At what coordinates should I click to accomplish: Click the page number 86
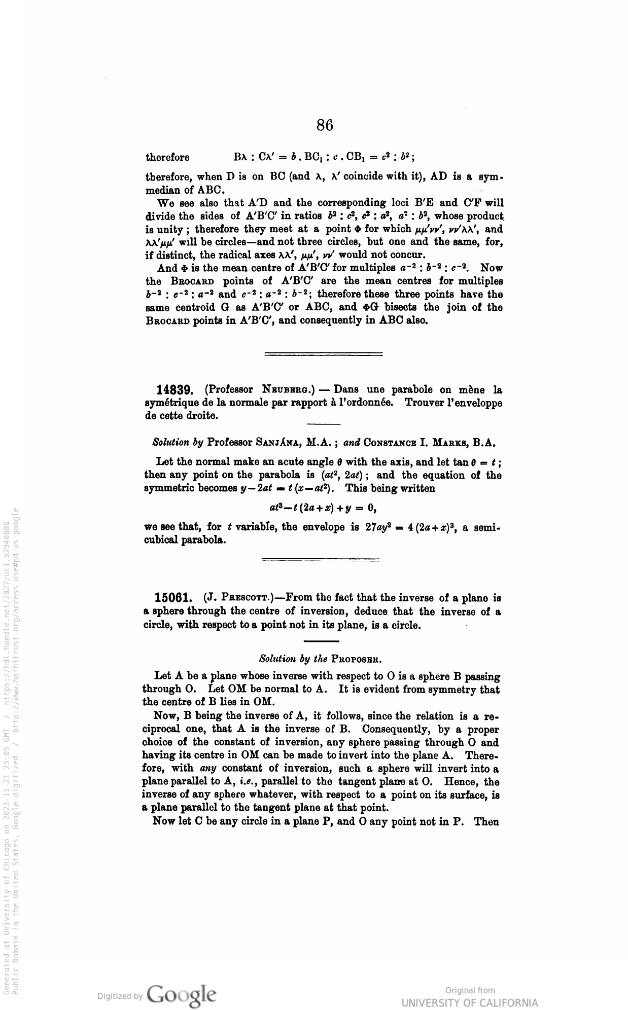(325, 125)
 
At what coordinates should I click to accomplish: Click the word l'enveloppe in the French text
(472, 403)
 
